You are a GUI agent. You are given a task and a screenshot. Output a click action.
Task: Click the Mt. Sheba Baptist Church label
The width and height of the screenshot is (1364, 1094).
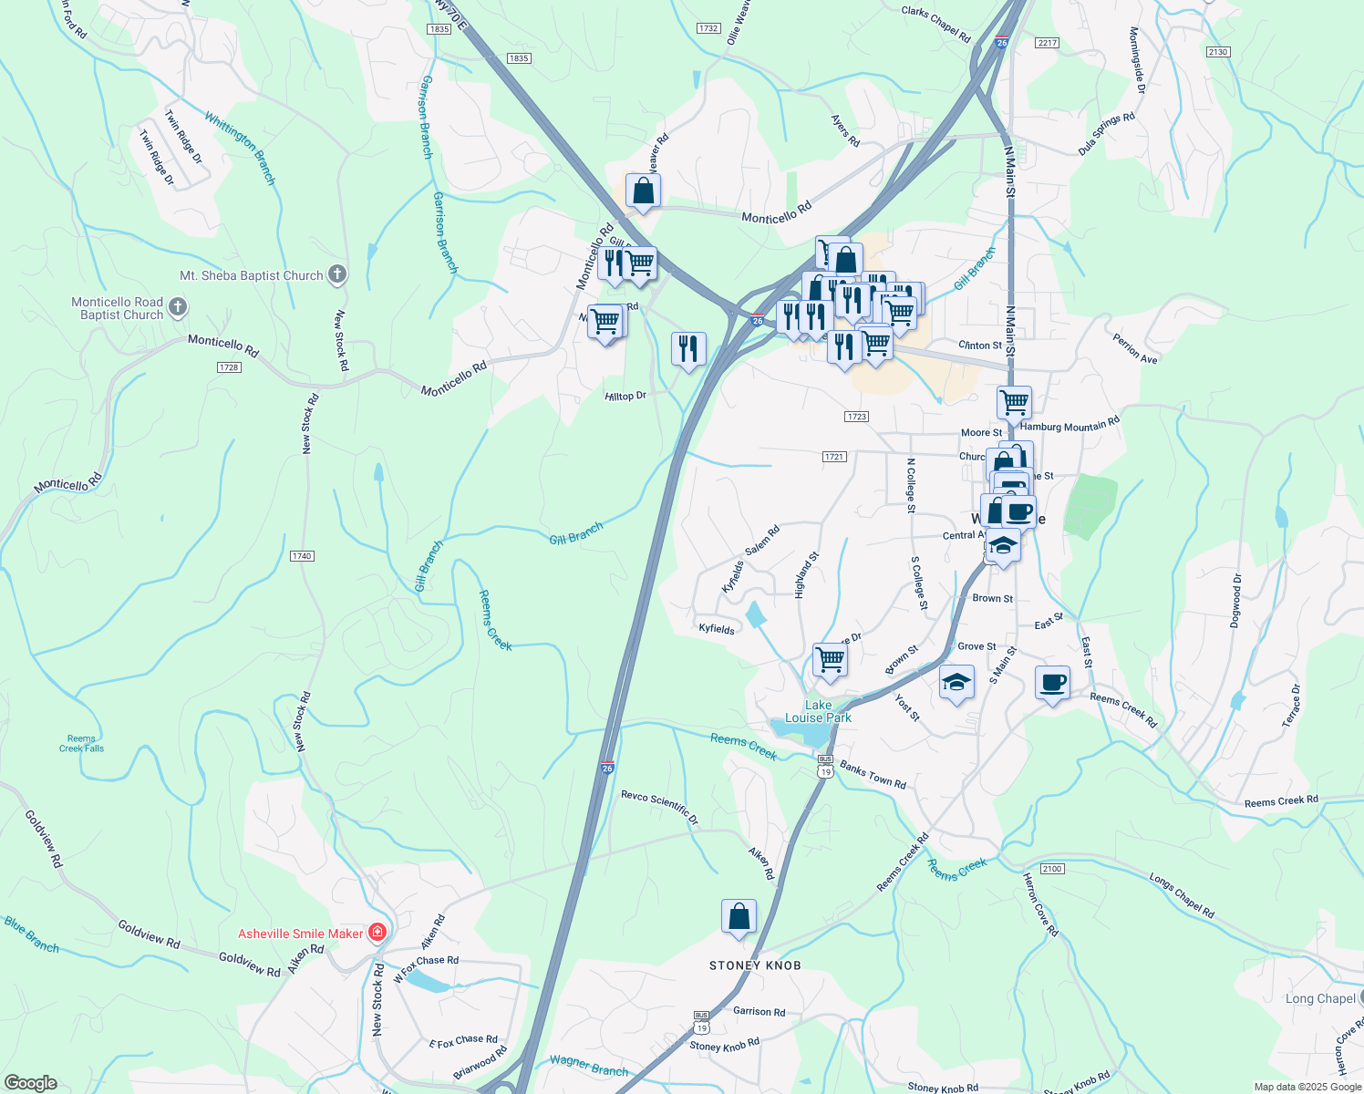point(252,275)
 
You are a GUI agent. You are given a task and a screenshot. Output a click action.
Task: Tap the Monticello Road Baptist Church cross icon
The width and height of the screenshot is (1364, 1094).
point(179,307)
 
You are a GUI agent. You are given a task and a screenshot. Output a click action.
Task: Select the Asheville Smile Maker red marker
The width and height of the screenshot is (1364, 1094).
point(377,933)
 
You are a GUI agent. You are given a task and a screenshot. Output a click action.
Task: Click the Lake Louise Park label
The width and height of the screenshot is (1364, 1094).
point(818,711)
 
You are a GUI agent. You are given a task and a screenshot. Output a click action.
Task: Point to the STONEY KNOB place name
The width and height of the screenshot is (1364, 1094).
point(755,965)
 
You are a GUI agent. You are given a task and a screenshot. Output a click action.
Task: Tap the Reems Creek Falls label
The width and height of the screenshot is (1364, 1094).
point(81,744)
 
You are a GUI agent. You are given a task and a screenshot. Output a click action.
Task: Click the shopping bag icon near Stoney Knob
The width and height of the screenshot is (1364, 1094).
point(739,916)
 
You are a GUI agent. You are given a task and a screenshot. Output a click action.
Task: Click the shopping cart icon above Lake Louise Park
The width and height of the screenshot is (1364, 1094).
point(830,658)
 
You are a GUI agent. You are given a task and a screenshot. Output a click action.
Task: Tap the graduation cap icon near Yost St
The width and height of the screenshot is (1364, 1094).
point(956,683)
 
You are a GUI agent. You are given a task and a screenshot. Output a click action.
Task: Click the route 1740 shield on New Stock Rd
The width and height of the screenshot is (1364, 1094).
point(302,556)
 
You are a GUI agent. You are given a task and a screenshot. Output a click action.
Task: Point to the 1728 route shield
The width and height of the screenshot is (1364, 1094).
point(229,367)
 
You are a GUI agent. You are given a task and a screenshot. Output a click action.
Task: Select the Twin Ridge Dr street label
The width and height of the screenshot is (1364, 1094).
point(183,137)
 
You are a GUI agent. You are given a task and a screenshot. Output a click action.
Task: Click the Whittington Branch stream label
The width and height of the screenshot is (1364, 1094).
point(240,148)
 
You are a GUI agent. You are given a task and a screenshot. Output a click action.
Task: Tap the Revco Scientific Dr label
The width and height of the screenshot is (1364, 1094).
point(659,808)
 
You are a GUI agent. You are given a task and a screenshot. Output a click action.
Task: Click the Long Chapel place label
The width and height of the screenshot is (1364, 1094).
point(1319,998)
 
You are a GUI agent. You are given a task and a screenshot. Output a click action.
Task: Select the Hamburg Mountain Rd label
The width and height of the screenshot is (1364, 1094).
point(1069,425)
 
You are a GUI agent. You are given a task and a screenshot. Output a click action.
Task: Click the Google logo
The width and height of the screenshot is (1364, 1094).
point(30,1083)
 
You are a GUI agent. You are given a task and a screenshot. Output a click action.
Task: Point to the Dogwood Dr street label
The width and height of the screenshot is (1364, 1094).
point(1236,601)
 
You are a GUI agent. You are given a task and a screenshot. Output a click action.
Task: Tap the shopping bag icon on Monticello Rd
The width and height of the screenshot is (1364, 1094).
point(643,191)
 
